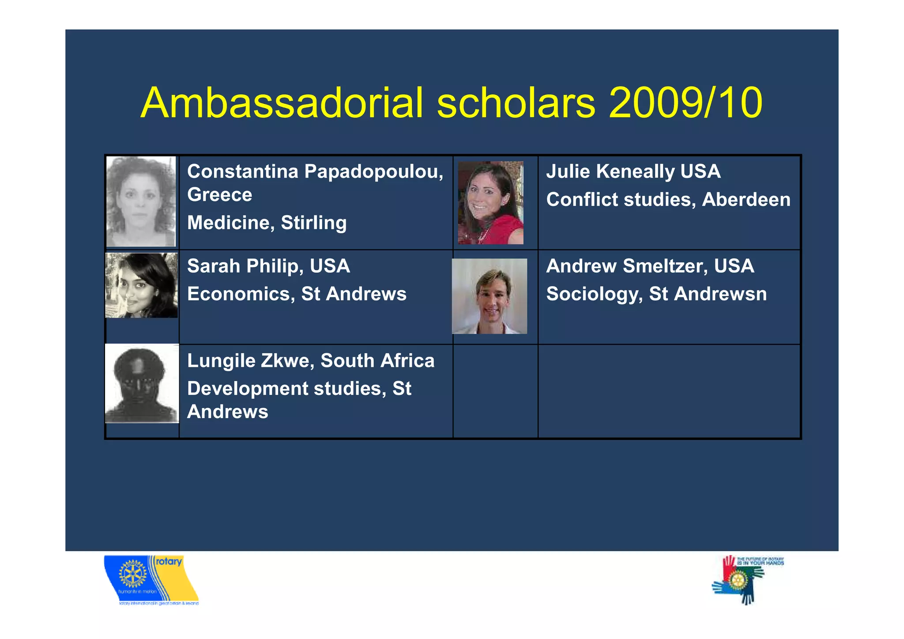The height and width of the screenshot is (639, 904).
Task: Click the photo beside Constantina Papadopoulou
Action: [x=141, y=201]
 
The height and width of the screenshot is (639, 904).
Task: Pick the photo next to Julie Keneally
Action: [x=490, y=203]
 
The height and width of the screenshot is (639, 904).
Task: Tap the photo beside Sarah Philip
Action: [x=142, y=285]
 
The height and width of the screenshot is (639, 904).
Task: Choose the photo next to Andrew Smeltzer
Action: [x=490, y=296]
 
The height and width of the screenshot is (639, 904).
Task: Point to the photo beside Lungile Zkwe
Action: [x=142, y=383]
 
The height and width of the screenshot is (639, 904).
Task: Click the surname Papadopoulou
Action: [x=373, y=172]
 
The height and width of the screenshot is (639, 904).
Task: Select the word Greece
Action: [x=219, y=195]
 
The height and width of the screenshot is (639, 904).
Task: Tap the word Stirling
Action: [x=313, y=223]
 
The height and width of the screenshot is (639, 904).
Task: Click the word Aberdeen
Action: [x=746, y=200]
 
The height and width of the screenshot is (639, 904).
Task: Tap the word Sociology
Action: [x=594, y=294]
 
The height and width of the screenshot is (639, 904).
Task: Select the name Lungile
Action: [x=221, y=361]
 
